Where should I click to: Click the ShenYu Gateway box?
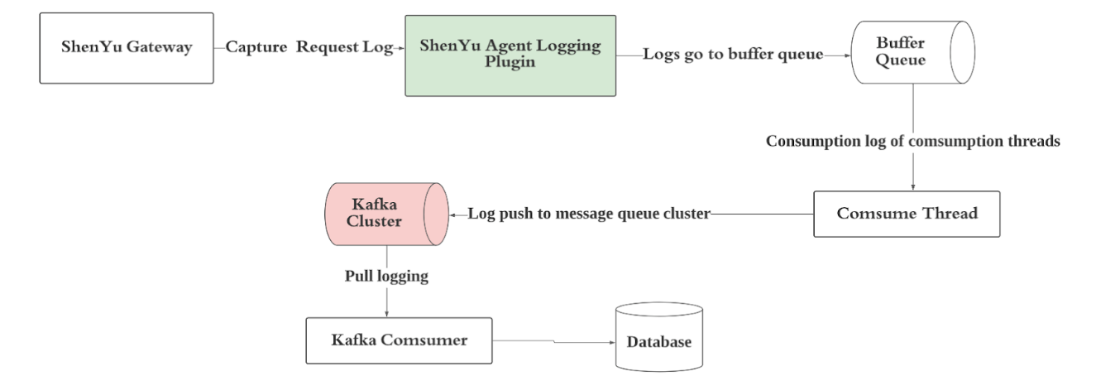pos(127,47)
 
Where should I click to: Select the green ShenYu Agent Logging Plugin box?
pos(510,55)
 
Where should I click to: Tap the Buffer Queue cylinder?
pos(912,52)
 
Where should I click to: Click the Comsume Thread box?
pos(907,214)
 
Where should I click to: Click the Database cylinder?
pos(658,340)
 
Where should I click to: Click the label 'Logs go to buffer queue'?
pos(733,55)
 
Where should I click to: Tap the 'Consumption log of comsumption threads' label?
pos(912,141)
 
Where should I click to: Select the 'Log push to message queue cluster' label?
pos(588,214)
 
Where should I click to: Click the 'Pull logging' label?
pos(386,276)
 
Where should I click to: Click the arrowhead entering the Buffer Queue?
pos(848,55)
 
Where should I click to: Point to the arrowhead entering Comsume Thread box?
pos(912,188)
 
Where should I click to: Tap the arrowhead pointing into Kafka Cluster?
pos(453,214)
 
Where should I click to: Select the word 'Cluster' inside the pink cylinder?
pos(385,221)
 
